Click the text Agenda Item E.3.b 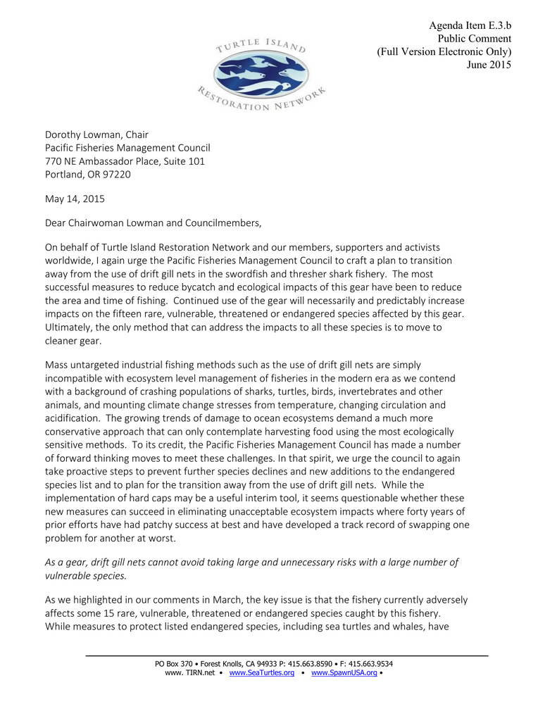[x=470, y=26]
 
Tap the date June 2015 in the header [x=489, y=65]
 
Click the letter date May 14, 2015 [x=75, y=199]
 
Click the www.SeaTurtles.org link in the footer [x=262, y=672]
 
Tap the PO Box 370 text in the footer [x=173, y=663]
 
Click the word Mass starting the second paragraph [x=58, y=365]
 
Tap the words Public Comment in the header [x=475, y=39]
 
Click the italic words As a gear [x=69, y=562]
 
